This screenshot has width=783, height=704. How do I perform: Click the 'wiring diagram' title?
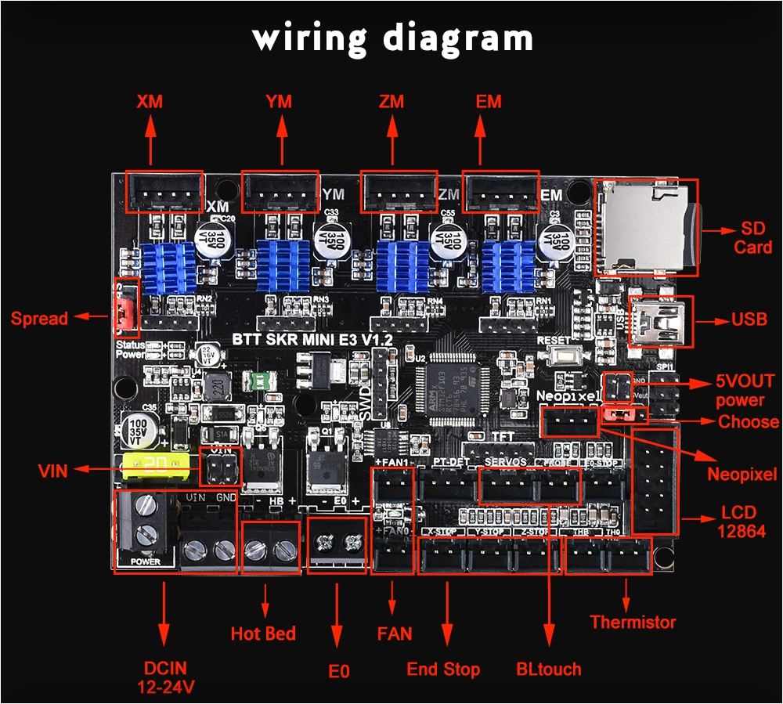(392, 37)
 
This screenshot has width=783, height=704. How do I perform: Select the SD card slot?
(646, 227)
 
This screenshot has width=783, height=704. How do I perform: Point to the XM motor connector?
(164, 192)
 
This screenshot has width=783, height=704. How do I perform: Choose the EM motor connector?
(501, 192)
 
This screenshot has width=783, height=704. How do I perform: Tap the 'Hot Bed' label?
(263, 633)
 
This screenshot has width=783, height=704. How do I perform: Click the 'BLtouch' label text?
(549, 669)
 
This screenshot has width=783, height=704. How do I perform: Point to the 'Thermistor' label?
(633, 623)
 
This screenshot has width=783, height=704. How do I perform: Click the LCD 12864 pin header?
(653, 482)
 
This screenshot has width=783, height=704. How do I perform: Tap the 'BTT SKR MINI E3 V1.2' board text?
(312, 339)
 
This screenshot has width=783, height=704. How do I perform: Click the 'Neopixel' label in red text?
(742, 474)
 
